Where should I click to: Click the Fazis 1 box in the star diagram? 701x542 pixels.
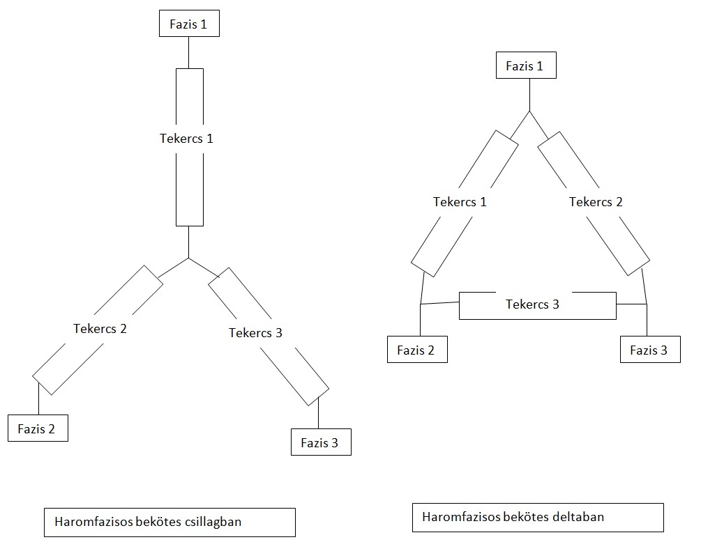click(x=189, y=23)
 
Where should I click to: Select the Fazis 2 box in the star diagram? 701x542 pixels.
click(x=38, y=428)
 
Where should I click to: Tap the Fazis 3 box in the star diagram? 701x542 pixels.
click(x=321, y=442)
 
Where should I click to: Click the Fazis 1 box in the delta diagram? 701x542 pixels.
click(x=526, y=65)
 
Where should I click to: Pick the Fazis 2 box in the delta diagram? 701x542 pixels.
click(x=417, y=349)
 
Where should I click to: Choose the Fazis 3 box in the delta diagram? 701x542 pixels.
click(x=650, y=349)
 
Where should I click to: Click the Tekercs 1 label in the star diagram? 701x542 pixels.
click(x=186, y=139)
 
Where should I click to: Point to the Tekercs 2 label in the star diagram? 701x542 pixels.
click(x=100, y=329)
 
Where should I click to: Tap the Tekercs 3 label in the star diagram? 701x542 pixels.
click(x=256, y=332)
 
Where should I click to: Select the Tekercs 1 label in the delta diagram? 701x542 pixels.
click(x=460, y=202)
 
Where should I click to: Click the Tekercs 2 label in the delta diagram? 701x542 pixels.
click(x=596, y=202)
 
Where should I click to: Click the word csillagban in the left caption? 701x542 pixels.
click(x=213, y=522)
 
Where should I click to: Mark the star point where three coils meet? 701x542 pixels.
click(x=188, y=258)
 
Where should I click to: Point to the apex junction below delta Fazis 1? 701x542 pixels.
click(x=530, y=111)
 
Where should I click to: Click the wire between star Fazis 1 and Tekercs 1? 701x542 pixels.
click(x=188, y=53)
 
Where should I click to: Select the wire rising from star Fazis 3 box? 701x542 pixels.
click(x=318, y=412)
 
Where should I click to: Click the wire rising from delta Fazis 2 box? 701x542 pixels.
click(x=421, y=320)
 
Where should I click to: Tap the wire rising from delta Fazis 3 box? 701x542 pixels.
click(x=647, y=320)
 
